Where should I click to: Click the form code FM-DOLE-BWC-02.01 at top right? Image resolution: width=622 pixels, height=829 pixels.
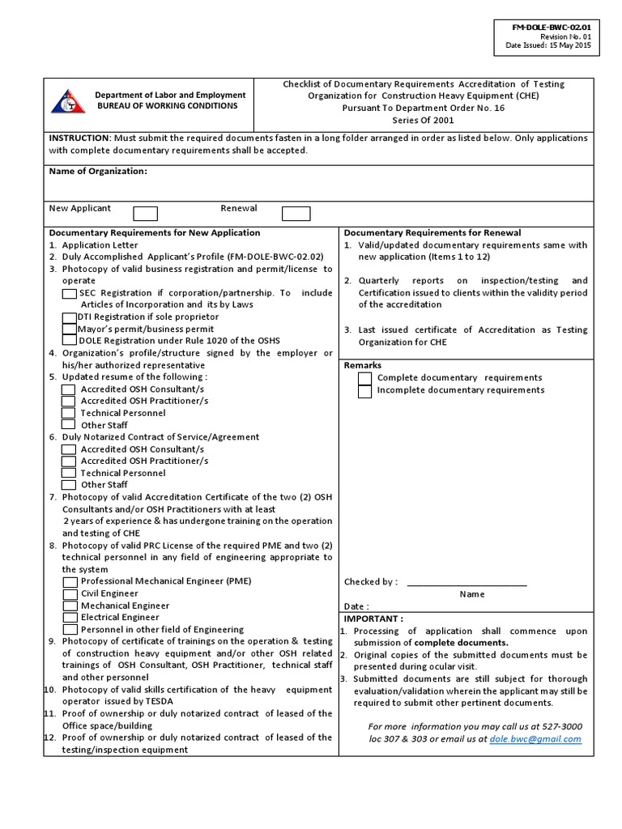pos(551,28)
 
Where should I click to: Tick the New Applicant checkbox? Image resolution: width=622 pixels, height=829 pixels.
pos(145,214)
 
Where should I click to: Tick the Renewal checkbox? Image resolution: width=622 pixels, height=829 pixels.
pos(296,214)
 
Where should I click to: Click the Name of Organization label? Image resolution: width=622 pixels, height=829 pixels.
pos(98,172)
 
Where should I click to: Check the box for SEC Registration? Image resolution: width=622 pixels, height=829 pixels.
pos(70,294)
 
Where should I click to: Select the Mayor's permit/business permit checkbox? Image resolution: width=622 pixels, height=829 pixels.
pos(70,329)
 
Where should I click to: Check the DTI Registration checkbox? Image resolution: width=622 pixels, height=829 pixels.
pos(70,317)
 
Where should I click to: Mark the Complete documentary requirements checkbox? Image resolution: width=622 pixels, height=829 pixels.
pos(365,378)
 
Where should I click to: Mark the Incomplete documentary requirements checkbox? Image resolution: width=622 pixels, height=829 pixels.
pos(365,391)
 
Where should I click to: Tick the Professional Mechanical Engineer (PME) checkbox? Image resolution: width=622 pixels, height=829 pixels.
pos(70,582)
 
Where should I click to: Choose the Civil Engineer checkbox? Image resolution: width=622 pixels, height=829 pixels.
pos(70,594)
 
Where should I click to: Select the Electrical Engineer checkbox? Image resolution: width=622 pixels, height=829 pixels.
pos(70,618)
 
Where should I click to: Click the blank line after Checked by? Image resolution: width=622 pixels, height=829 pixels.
pos(466,582)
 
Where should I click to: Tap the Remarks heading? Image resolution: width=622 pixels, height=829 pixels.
pos(362,366)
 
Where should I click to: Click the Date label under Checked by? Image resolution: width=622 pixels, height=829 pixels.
pos(356,606)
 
